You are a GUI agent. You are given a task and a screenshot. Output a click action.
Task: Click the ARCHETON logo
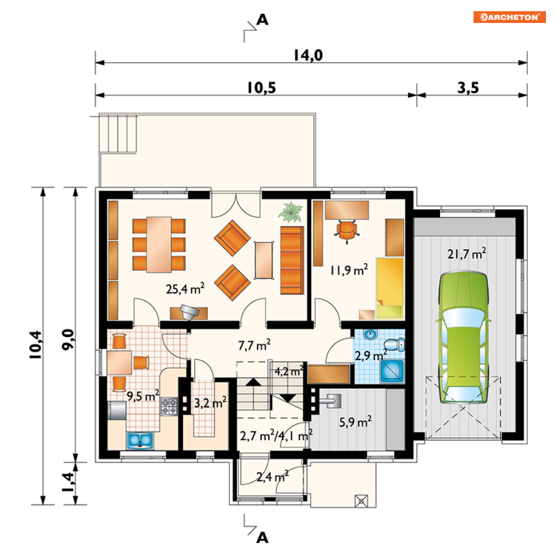[509, 17]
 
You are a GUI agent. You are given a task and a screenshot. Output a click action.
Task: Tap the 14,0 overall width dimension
[311, 55]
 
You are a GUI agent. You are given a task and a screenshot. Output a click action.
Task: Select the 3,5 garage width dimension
[470, 88]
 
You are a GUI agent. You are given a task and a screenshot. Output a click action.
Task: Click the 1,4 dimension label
[67, 483]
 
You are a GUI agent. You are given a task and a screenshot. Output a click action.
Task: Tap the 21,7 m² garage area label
[466, 254]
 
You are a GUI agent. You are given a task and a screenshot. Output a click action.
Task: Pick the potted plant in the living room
[291, 212]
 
